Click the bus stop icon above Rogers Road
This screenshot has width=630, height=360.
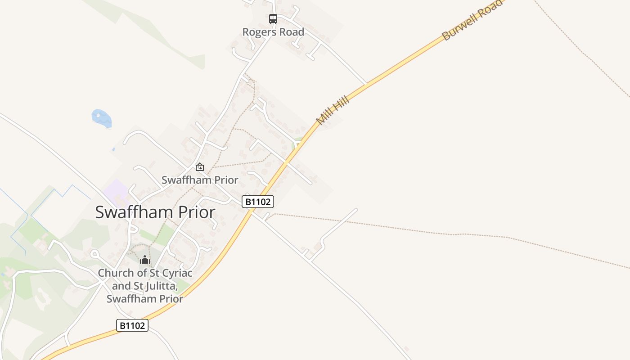click(273, 19)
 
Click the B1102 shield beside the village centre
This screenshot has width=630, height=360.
click(258, 202)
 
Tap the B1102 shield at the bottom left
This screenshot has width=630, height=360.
click(132, 325)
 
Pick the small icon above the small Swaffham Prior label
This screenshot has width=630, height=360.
click(200, 167)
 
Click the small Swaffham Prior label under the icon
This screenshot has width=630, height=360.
click(200, 180)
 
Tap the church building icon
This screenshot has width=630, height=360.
click(145, 260)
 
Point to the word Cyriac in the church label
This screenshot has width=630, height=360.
click(175, 273)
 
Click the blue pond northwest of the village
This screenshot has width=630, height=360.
click(101, 118)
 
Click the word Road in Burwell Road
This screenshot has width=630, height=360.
click(489, 10)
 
